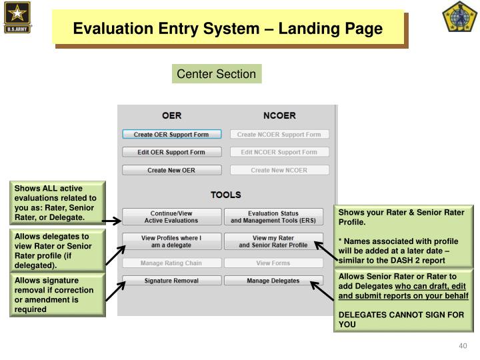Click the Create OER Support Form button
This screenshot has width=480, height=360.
[171, 134]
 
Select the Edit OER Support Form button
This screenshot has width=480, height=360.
[171, 152]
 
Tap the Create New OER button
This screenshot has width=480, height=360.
[171, 170]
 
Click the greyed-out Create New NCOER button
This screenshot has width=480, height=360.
[279, 170]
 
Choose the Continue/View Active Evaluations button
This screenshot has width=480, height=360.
[171, 217]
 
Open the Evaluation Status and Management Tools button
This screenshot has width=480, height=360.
[273, 217]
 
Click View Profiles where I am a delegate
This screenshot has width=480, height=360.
[171, 241]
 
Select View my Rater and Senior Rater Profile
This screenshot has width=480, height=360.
[273, 241]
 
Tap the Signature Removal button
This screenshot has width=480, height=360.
[171, 281]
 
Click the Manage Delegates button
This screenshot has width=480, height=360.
[273, 281]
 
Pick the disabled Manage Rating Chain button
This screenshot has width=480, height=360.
[171, 263]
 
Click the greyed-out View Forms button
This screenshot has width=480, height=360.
[273, 263]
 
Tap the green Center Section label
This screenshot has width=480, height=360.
[217, 74]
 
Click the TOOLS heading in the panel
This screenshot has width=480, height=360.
[225, 195]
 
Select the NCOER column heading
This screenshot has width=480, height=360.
[279, 115]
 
